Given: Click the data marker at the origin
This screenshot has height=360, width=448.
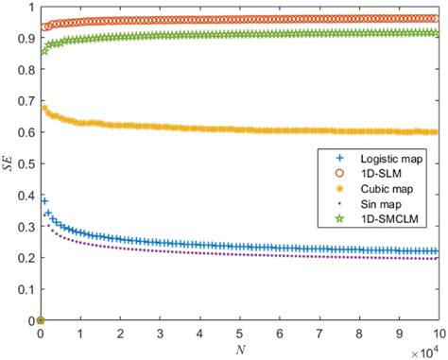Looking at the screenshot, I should click(40, 320).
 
